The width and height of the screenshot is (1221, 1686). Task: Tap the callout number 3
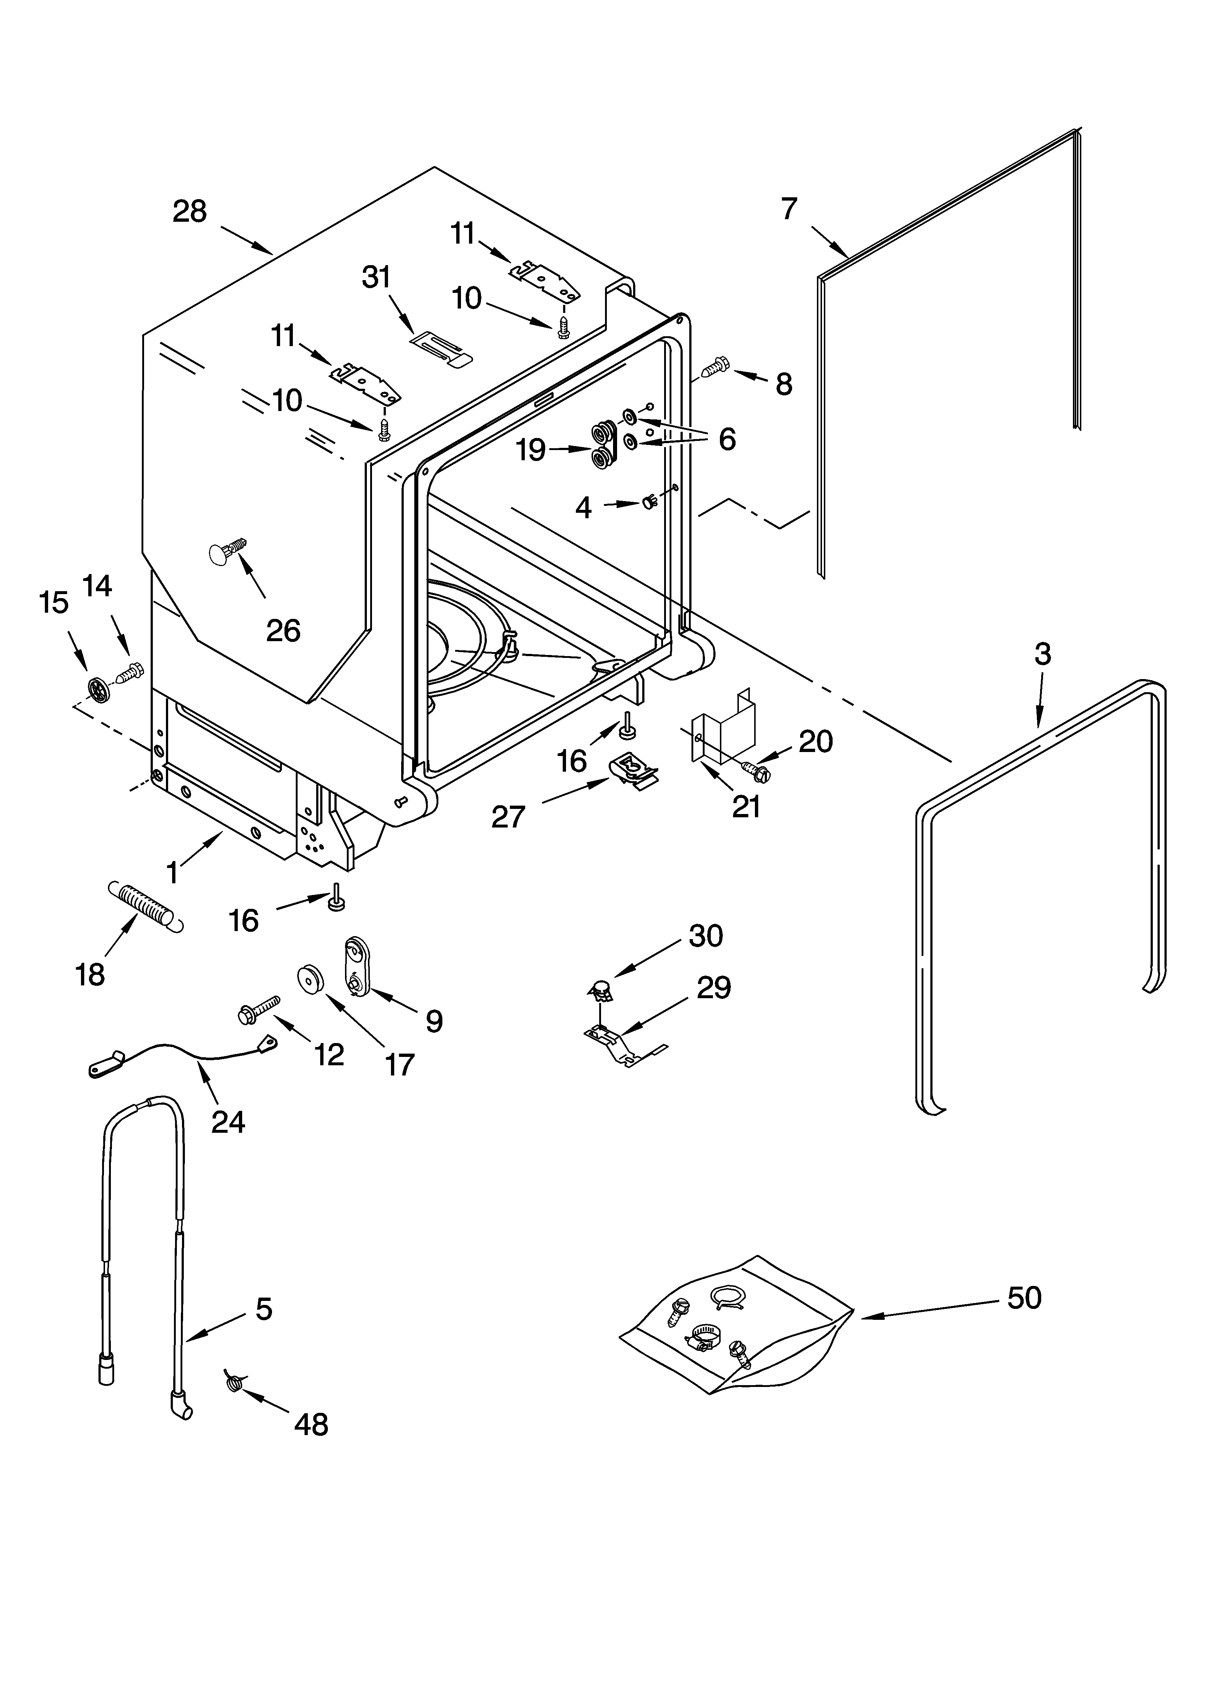point(1043,654)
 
